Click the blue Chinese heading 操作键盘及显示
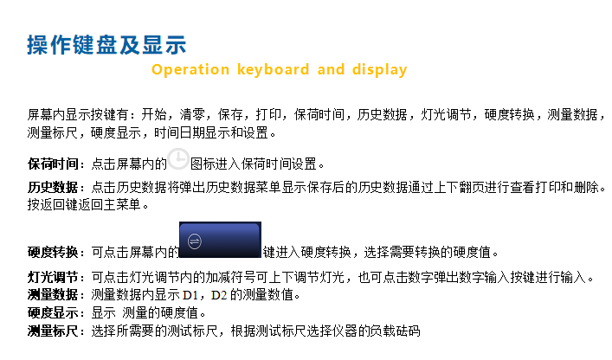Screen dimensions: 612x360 pyautogui.click(x=106, y=45)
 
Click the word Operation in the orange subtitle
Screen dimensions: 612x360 pyautogui.click(x=190, y=70)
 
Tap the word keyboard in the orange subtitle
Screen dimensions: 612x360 pyautogui.click(x=274, y=70)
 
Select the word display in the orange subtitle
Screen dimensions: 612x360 pyautogui.click(x=379, y=70)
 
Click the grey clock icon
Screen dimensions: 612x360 pyautogui.click(x=178, y=158)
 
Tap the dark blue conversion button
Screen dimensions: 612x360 pyautogui.click(x=220, y=240)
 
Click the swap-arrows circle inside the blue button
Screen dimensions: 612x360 pyautogui.click(x=195, y=241)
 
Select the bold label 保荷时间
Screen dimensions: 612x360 pyautogui.click(x=53, y=164)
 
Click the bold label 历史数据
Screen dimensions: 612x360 pyautogui.click(x=53, y=187)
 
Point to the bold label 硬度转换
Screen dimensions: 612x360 pyautogui.click(x=53, y=252)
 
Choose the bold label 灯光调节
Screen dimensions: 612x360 pyautogui.click(x=53, y=277)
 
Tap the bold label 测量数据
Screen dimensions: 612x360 pyautogui.click(x=53, y=295)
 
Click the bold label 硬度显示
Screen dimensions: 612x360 pyautogui.click(x=53, y=312)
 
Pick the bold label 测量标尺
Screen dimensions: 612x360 pyautogui.click(x=53, y=331)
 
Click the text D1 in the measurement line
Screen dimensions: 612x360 pyautogui.click(x=190, y=295)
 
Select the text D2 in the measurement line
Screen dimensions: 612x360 pyautogui.click(x=219, y=295)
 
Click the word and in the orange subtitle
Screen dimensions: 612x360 pyautogui.click(x=331, y=70)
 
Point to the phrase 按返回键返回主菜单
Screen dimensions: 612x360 pyautogui.click(x=84, y=204)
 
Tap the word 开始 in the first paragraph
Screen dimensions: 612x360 pyautogui.click(x=154, y=115)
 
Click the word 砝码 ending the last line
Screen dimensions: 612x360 pyautogui.click(x=408, y=331)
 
